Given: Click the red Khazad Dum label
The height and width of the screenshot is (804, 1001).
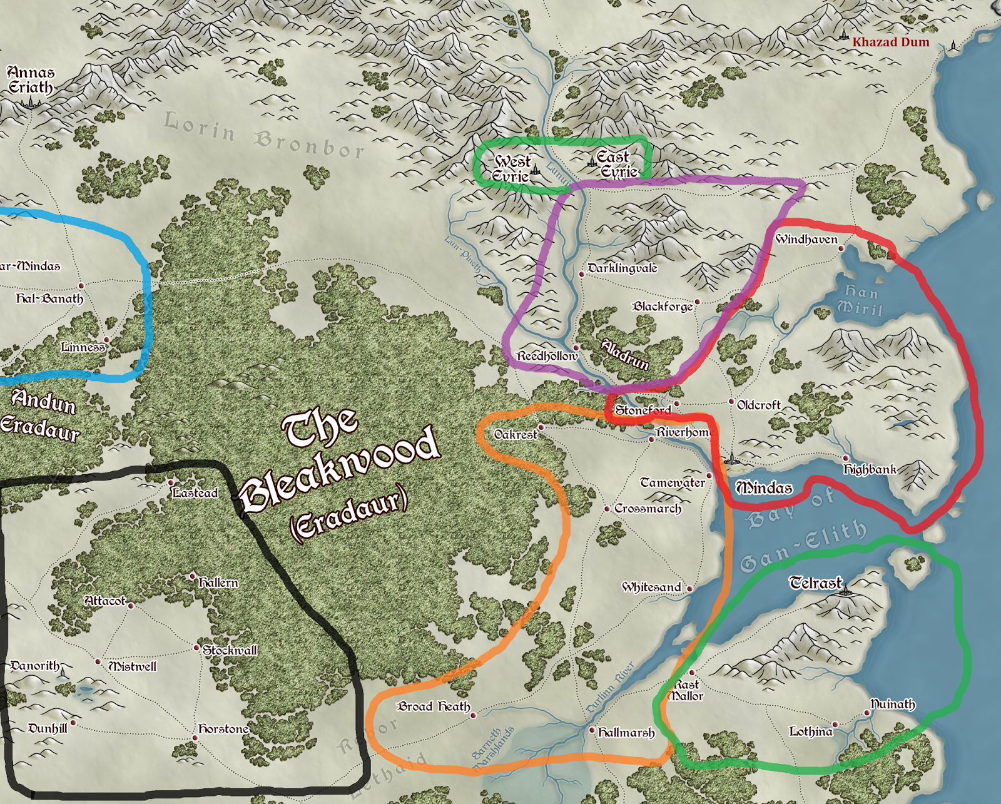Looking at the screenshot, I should [x=890, y=43].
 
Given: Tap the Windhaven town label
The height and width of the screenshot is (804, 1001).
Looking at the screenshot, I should [x=806, y=240].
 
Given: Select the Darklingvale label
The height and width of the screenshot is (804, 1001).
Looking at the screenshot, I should [x=622, y=268].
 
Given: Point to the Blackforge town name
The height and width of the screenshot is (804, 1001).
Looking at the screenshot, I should [x=663, y=307].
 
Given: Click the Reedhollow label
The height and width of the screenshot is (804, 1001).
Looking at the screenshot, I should [x=547, y=356].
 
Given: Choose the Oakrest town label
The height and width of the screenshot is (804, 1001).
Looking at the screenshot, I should [x=516, y=434].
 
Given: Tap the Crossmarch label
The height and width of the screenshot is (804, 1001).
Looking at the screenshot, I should [x=648, y=509].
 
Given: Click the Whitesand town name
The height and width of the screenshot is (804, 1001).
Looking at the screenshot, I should [x=651, y=587].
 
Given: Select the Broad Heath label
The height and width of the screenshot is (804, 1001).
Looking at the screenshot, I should [x=434, y=706].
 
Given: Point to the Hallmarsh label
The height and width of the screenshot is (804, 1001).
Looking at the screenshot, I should [x=626, y=732].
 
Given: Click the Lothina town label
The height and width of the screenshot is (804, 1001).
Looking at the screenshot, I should [x=811, y=731].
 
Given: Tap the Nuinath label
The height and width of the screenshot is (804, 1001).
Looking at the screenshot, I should [x=893, y=705].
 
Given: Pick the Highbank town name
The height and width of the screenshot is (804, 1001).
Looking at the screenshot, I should [x=870, y=469].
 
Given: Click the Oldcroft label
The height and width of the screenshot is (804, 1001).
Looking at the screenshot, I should [x=759, y=405].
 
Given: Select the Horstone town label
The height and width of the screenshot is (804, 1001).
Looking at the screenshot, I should [x=223, y=729].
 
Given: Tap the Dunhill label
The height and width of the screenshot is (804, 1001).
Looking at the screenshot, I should [x=48, y=728].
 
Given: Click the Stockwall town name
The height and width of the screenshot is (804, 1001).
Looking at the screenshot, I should [x=230, y=650].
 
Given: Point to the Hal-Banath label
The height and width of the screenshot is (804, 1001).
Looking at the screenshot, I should [x=49, y=298].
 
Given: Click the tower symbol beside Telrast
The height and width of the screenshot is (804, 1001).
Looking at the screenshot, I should [x=846, y=589].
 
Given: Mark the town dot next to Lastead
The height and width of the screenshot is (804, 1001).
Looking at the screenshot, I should [x=171, y=483].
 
